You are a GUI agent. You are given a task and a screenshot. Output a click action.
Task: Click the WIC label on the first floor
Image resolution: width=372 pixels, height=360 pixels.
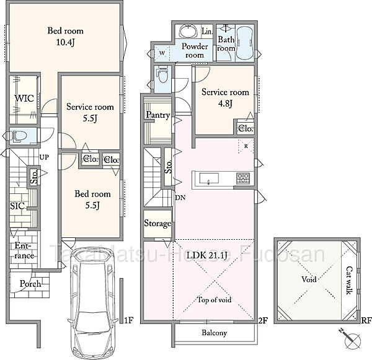coord(24,98)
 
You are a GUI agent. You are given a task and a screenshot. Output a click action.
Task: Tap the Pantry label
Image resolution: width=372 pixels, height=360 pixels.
coord(157,115)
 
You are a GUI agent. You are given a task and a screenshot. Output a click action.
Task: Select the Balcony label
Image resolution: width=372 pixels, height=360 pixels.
coord(215,333)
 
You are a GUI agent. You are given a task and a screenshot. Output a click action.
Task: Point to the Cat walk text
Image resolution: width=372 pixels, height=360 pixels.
coord(349,281)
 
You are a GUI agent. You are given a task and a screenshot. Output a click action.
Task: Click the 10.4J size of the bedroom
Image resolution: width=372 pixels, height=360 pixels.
coord(66,42)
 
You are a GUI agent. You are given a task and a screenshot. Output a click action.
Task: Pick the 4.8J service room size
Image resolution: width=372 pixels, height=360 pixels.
coord(225,103)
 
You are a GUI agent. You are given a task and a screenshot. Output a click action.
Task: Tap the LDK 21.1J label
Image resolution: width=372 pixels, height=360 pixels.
coord(207,255)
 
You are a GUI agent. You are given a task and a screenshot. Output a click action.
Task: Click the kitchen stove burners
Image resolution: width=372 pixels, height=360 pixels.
coord(243,178)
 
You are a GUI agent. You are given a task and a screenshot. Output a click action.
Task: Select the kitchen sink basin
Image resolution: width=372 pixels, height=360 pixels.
coord(209,178)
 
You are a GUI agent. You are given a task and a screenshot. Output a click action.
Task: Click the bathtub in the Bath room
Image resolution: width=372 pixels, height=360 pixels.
coord(245,43)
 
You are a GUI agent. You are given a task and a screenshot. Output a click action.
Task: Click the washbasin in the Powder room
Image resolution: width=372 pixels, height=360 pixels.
coord(188,32)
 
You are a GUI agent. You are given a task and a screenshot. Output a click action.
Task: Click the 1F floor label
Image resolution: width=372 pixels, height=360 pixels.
coord(130,320)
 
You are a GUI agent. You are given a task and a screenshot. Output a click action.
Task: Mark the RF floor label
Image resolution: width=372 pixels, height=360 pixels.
coord(366,320)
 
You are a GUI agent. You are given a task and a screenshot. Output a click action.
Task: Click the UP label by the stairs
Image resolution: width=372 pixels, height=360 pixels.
coord(44,157)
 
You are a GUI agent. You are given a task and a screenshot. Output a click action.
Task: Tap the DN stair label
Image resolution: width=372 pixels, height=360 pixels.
coord(180,198)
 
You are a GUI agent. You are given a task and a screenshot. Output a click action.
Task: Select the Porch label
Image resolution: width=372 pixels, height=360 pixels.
coord(30,284)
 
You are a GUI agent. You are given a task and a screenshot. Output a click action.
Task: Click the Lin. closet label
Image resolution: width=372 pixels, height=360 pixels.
coord(207,32)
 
